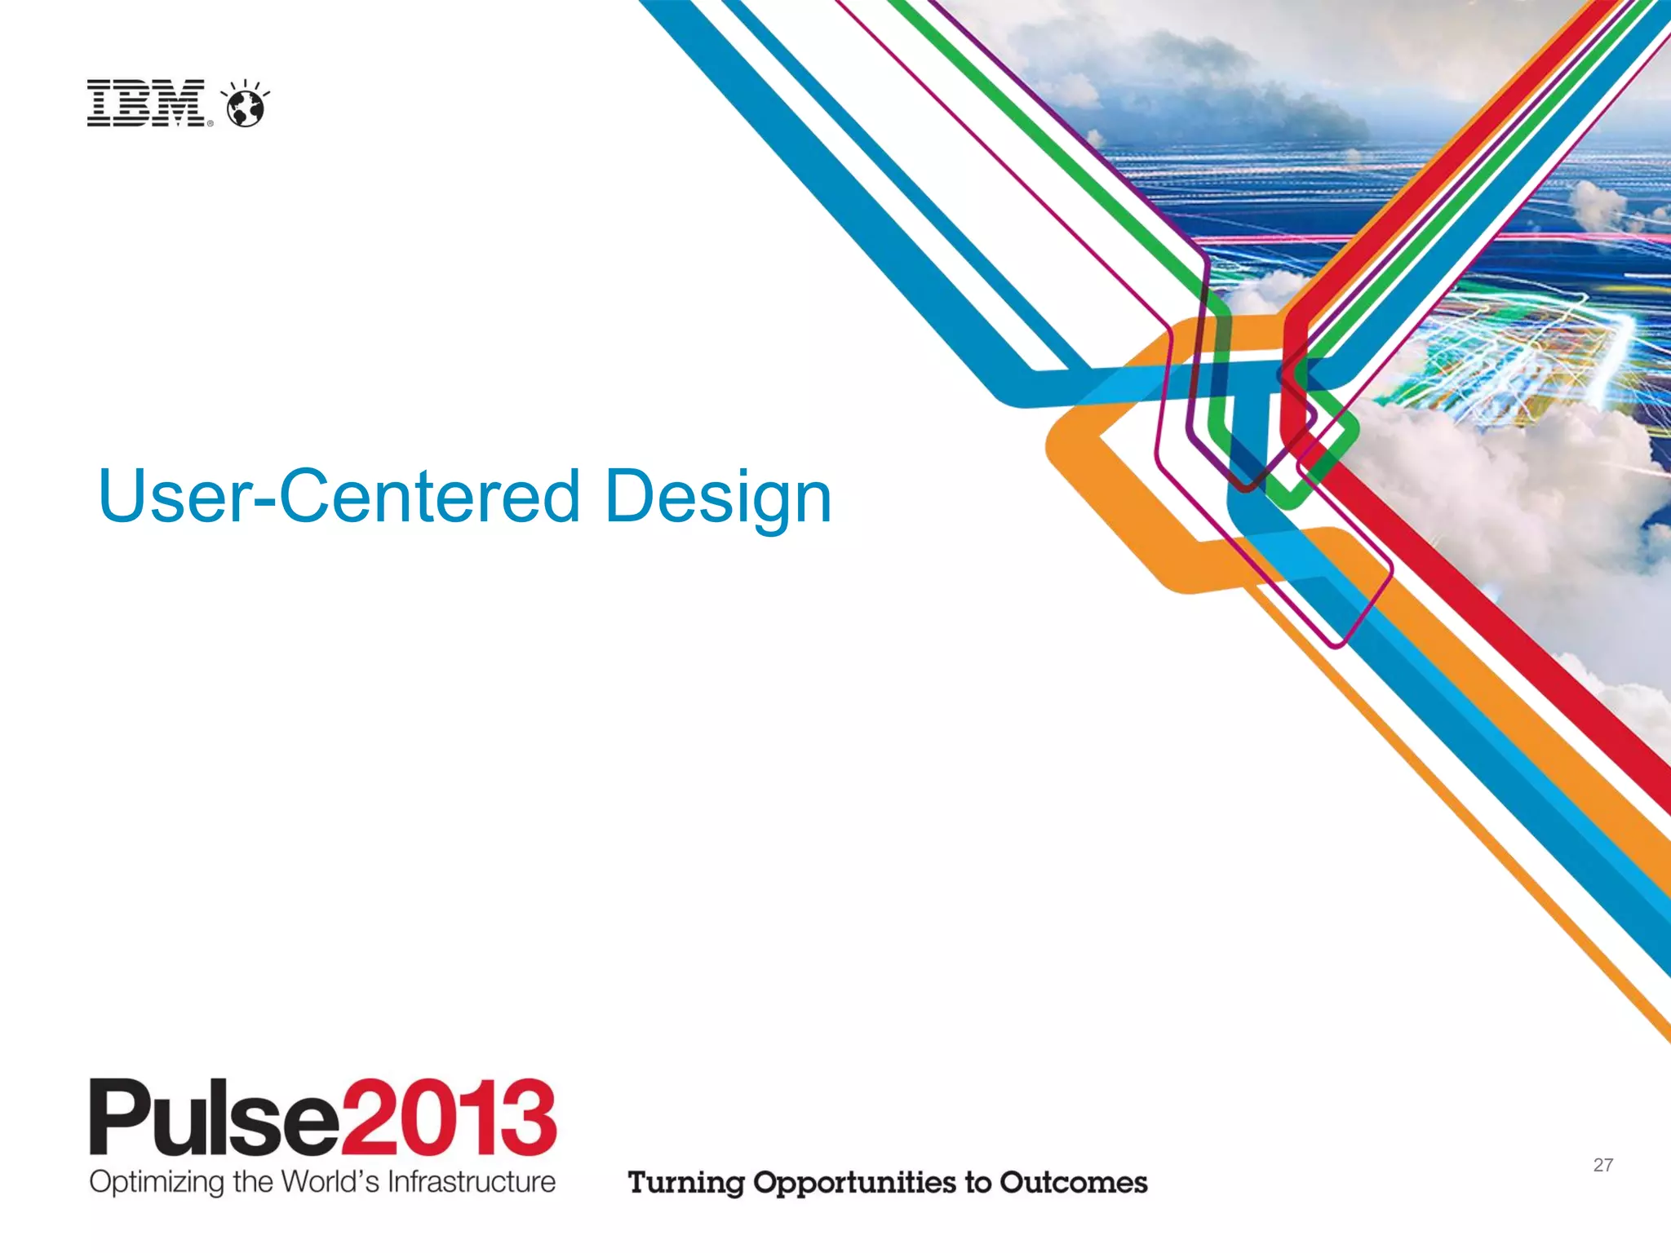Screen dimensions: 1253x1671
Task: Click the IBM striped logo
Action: click(146, 103)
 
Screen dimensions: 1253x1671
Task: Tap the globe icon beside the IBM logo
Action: click(245, 106)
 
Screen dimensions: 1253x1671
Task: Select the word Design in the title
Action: click(718, 498)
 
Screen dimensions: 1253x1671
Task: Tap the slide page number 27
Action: click(1602, 1165)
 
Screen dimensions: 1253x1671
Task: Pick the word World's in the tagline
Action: click(330, 1181)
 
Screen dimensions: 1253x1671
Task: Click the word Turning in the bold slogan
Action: click(685, 1183)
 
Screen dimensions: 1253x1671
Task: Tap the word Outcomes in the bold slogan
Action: click(1074, 1182)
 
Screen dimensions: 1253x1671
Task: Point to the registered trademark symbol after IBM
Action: click(210, 124)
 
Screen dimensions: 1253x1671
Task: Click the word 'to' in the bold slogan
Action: click(977, 1182)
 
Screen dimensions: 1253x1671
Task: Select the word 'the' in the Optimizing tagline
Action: click(252, 1181)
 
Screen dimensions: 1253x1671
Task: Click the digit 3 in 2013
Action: click(530, 1116)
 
